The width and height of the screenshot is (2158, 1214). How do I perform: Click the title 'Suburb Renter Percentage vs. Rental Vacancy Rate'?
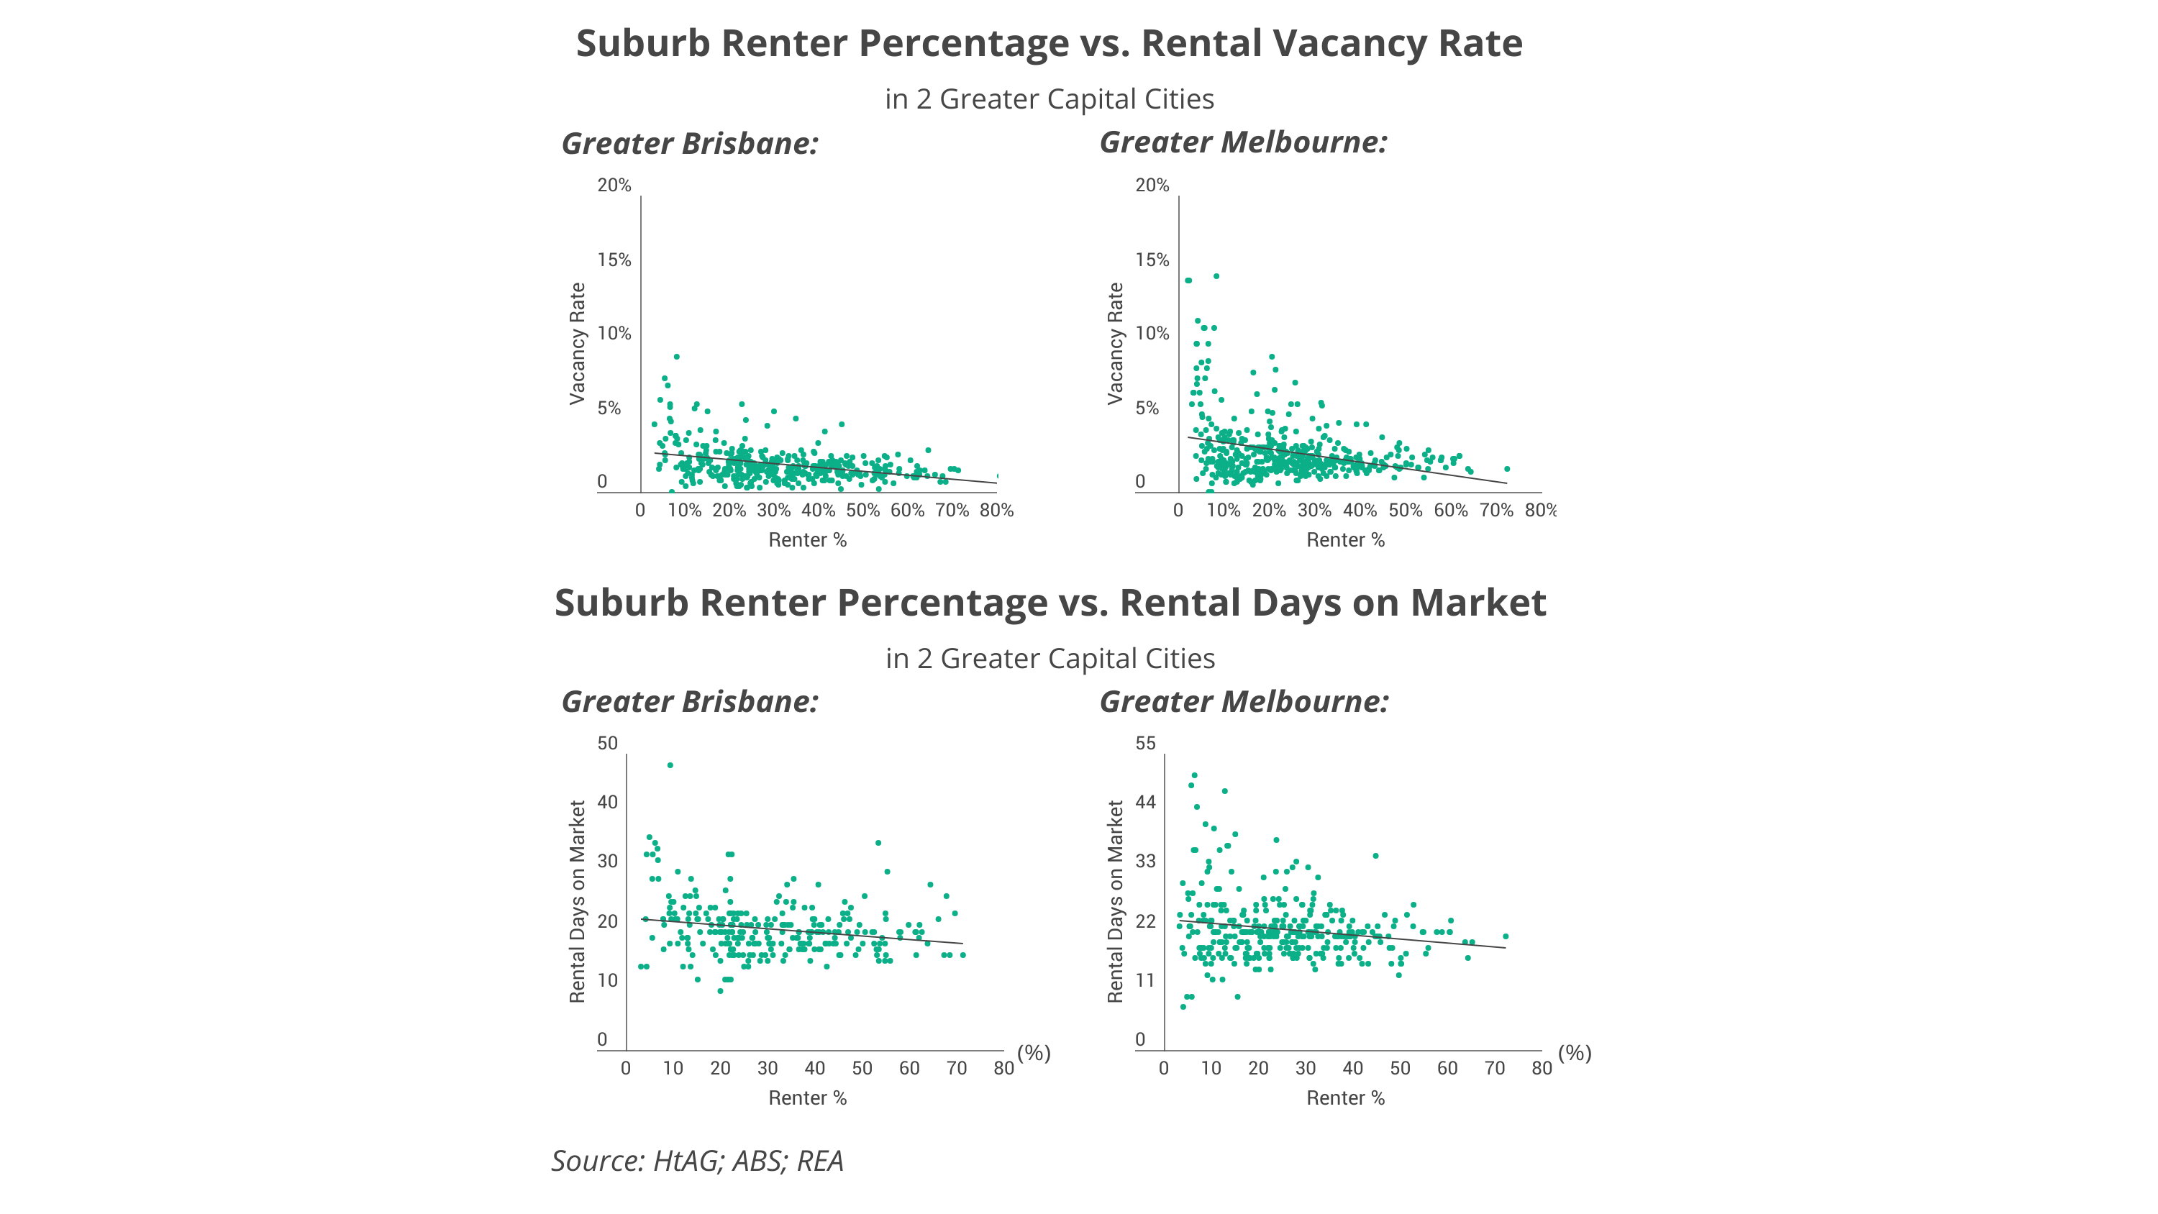pos(1049,44)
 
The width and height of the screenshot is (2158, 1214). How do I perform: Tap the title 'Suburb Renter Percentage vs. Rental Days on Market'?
pos(1050,603)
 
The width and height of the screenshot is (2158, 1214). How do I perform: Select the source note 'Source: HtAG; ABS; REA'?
pos(697,1161)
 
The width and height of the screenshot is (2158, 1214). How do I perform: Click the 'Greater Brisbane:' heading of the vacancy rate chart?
pos(689,144)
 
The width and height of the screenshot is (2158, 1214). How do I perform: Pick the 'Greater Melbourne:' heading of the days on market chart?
pos(1244,702)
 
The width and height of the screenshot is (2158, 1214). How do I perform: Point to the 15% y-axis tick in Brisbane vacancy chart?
pos(614,260)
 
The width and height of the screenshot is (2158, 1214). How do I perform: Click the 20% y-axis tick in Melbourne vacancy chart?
pos(1152,185)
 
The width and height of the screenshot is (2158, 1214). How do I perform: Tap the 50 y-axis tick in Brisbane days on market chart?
pos(607,744)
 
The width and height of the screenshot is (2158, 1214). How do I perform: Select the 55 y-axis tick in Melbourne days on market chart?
pos(1145,744)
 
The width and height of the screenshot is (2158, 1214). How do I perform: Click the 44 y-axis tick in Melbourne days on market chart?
pos(1145,803)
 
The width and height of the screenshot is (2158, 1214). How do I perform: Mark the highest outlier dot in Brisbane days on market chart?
pos(670,766)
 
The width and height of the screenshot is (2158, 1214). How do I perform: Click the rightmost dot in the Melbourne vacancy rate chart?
pos(1507,469)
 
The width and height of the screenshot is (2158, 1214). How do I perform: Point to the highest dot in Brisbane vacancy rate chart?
pos(677,357)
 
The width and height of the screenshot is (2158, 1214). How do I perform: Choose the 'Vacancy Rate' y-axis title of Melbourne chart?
pos(1115,344)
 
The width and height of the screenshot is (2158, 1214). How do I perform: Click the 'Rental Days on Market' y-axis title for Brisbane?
pos(577,901)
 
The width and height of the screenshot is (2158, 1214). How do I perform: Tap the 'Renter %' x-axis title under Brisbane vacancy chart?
pos(808,540)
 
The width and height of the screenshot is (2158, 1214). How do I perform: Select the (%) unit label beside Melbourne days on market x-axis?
pos(1575,1053)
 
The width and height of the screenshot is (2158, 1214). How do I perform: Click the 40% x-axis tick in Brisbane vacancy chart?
pos(818,510)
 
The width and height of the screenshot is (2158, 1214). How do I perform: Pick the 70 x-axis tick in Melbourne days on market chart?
pos(1495,1069)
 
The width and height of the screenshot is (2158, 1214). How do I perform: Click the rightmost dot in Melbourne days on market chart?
pos(1506,936)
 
